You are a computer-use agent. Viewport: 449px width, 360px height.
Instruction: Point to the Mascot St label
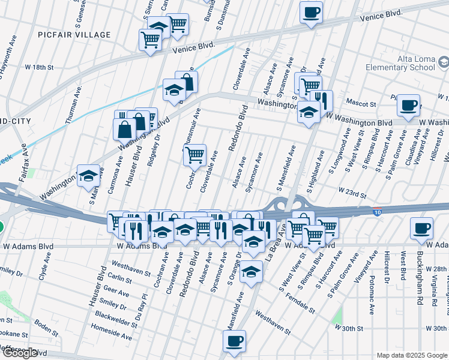pyautogui.click(x=361, y=103)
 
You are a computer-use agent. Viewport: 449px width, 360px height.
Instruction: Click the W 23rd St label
pyautogui.click(x=352, y=190)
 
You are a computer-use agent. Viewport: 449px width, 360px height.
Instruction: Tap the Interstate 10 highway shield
pyautogui.click(x=376, y=212)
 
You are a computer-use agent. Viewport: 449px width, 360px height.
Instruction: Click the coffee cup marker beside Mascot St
pyautogui.click(x=408, y=105)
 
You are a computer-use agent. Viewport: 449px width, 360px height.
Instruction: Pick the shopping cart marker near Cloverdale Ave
pyautogui.click(x=194, y=155)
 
